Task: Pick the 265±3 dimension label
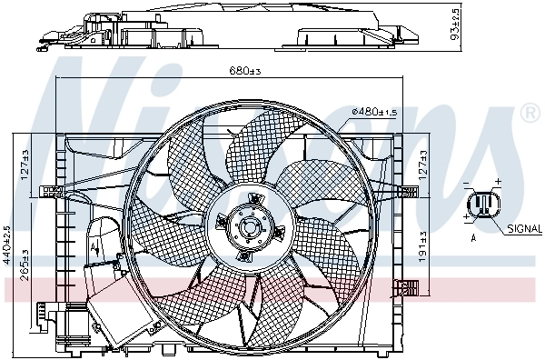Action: pos(26,263)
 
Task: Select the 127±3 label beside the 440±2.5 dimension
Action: pos(26,165)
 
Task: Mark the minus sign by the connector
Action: pos(466,185)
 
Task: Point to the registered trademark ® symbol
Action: pos(530,113)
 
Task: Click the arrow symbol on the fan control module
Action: pos(95,245)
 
